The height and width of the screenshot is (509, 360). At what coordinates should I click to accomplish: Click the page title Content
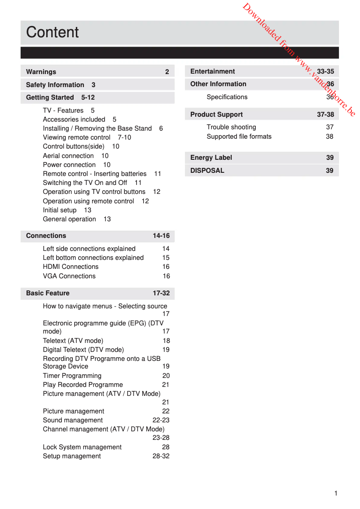pos(52,32)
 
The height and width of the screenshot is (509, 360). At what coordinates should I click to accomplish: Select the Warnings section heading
pos(41,72)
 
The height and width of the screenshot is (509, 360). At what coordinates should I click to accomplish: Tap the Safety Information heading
pos(55,85)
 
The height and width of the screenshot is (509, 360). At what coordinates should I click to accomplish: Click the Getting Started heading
pos(50,97)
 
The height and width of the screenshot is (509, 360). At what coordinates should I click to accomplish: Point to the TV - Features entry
pos(63,110)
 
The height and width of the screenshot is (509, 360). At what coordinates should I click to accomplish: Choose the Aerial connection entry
pos(68,156)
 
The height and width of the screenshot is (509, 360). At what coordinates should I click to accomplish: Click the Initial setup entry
pos(60,210)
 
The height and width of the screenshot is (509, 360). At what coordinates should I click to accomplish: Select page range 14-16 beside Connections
pos(161,236)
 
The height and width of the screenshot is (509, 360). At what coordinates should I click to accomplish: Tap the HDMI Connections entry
pos(70,267)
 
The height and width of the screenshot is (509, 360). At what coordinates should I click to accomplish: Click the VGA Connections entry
pos(69,276)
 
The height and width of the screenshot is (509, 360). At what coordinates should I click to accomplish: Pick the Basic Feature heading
pos(48,293)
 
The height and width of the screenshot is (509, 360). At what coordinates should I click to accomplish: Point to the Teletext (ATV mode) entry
pos(73,341)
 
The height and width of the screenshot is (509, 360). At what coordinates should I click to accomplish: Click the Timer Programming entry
pos(72,376)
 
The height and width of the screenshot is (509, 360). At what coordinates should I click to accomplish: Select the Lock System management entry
pos(82,447)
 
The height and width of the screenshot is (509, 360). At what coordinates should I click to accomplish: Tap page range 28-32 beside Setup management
pos(161,456)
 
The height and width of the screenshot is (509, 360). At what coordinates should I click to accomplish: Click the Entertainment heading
pos(213,71)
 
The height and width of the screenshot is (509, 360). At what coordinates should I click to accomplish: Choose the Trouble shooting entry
pos(231,127)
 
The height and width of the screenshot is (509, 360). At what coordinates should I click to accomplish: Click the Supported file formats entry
pos(239,136)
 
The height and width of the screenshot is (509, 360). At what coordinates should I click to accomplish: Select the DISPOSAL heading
pos(207,171)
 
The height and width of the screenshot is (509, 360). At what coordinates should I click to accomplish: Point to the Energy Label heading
pos(211,158)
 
